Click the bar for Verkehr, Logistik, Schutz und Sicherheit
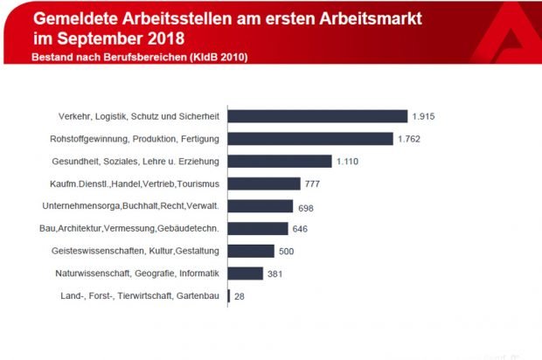pyautogui.click(x=317, y=116)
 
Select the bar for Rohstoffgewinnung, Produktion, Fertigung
pyautogui.click(x=310, y=138)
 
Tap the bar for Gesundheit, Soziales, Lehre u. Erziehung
pyautogui.click(x=280, y=161)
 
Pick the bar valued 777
pyautogui.click(x=264, y=183)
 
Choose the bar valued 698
pyautogui.click(x=261, y=206)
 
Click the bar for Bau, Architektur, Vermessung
pyautogui.click(x=258, y=229)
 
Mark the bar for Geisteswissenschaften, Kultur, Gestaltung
pyautogui.click(x=251, y=252)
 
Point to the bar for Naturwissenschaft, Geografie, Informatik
pyautogui.click(x=246, y=273)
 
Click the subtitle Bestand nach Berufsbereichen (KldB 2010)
pyautogui.click(x=140, y=57)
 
